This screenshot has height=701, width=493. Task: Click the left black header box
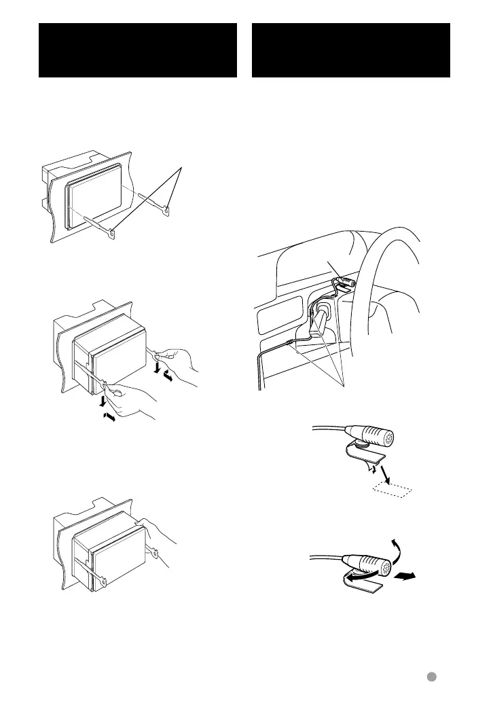(x=137, y=50)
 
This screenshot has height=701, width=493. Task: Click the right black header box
(x=350, y=50)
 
